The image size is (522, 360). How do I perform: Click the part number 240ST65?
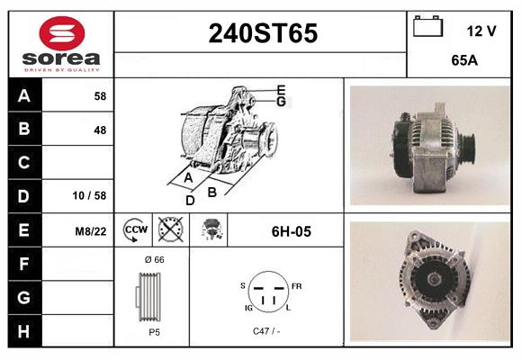(263, 34)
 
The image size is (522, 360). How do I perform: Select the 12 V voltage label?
(481, 31)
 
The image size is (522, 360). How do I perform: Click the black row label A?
(23, 95)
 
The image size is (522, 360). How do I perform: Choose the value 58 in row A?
(100, 95)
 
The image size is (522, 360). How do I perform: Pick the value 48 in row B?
(100, 130)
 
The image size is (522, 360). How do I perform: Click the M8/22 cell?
(91, 231)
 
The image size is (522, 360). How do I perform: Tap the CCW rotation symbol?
(135, 230)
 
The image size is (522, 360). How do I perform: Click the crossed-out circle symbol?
(168, 230)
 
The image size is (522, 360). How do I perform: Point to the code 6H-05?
(291, 231)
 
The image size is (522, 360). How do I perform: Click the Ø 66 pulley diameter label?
(154, 260)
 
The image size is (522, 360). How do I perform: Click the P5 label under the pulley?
(154, 332)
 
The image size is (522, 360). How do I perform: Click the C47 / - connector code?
(265, 332)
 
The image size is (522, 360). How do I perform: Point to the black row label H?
(23, 331)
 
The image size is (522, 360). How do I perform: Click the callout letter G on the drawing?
(281, 102)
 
